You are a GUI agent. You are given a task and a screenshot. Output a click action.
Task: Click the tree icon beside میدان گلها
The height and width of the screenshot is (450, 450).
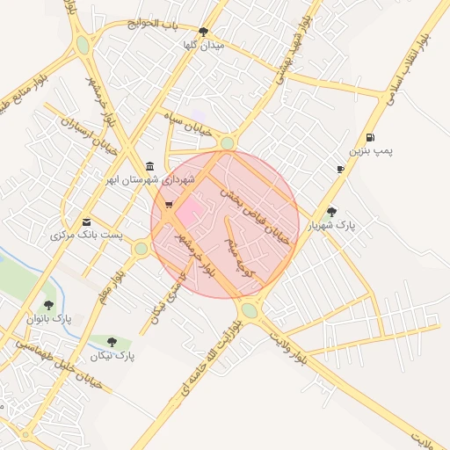point(204,31)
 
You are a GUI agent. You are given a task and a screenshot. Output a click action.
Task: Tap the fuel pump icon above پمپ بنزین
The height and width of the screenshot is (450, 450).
point(371,137)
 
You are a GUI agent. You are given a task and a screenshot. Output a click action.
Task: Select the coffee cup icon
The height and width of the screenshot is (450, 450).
point(340,169)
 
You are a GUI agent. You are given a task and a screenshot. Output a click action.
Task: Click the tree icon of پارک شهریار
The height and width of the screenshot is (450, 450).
point(331,211)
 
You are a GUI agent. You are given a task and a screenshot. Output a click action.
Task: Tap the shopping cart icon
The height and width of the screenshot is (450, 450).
point(168,206)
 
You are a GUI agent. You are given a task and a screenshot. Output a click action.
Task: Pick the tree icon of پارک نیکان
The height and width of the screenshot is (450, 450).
point(112,341)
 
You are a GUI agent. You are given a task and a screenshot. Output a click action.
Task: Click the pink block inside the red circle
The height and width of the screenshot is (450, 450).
point(188,210)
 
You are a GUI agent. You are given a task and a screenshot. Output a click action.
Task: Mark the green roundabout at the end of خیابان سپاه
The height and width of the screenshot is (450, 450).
point(228,143)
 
